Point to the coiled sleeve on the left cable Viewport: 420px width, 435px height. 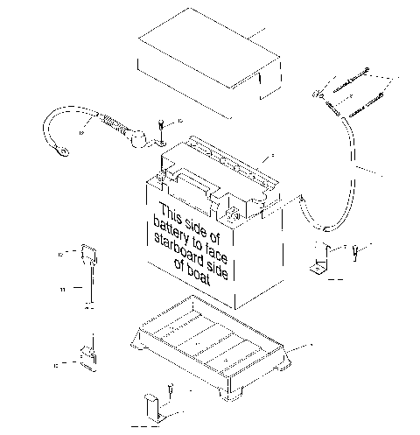(x=107, y=124)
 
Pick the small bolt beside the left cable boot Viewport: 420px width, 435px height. (x=164, y=130)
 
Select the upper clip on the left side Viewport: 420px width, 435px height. (x=87, y=256)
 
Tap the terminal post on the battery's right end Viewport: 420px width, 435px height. (x=232, y=214)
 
